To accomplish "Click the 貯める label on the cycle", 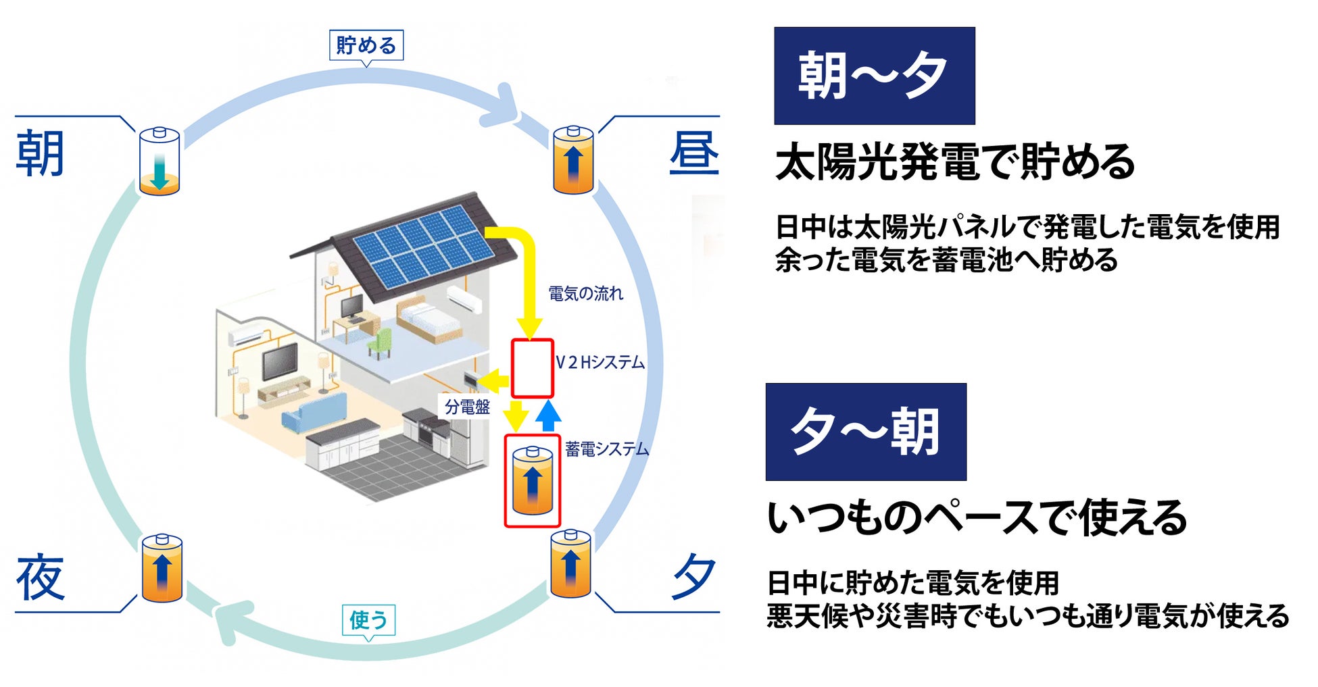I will pos(366,45).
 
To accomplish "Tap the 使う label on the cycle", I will pos(368,619).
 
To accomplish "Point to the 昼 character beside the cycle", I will pos(693,153).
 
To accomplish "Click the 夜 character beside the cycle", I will pos(40,578).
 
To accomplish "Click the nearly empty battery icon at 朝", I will pos(160,162).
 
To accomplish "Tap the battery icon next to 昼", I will pos(573,161).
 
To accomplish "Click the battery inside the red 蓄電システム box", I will pos(533,481).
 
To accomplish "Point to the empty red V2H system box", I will pos(533,368).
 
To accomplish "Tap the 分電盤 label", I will pos(467,407).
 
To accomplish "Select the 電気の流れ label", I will pos(585,294).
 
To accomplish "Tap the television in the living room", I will pos(280,361).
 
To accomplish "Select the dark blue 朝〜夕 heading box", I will pos(874,76).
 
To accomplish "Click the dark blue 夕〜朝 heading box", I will pos(865,432).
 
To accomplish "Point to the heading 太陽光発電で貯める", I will pos(954,162).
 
